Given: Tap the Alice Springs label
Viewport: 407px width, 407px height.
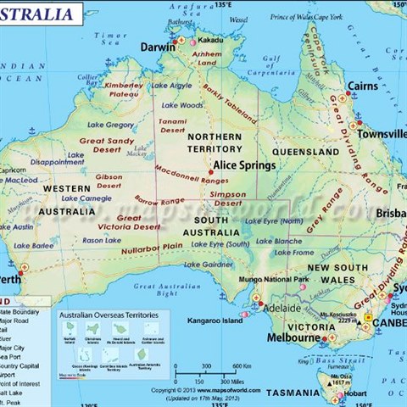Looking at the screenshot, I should point(243,165).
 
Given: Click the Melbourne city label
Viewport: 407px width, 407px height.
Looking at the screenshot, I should point(293,337).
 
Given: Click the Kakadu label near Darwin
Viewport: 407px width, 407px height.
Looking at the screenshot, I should point(209,40).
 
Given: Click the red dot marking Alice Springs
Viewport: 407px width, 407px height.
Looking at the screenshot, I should point(209,173).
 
